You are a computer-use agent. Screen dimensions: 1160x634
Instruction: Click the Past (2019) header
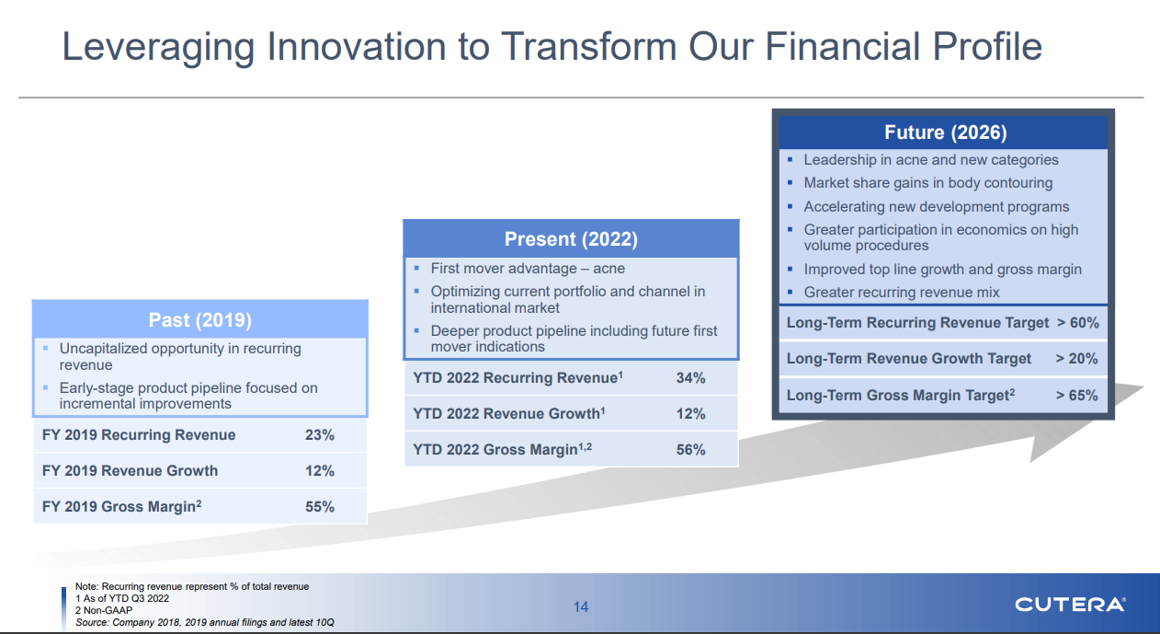tap(199, 320)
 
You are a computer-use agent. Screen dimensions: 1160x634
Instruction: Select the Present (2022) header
tap(571, 239)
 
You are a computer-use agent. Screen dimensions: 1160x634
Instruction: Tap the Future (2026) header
tap(945, 133)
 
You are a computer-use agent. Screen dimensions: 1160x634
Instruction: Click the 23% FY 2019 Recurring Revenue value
tap(320, 435)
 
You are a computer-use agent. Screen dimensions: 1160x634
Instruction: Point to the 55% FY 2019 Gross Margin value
tap(320, 506)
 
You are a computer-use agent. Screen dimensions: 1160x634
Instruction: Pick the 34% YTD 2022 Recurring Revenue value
tap(690, 378)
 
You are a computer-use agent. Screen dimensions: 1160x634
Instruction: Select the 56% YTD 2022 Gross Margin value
tap(690, 449)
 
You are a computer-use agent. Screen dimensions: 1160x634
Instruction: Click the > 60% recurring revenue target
tap(1077, 322)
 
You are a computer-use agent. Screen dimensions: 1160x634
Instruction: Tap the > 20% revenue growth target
tap(1076, 358)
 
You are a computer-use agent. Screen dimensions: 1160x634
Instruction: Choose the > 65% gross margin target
tap(1076, 395)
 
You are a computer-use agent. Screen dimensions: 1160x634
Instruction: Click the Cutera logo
tap(1070, 605)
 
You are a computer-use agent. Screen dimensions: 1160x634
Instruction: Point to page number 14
tap(581, 606)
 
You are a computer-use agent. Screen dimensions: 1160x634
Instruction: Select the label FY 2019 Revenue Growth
tap(130, 471)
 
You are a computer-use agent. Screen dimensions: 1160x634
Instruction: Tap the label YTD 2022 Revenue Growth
tap(509, 413)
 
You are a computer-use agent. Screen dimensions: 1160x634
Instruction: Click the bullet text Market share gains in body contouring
tap(928, 183)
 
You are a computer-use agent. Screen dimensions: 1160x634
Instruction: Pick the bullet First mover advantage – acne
tap(528, 269)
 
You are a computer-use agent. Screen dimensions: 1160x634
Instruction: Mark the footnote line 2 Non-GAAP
tap(104, 610)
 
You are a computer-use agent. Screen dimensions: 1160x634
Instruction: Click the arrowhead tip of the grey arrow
tap(1143, 386)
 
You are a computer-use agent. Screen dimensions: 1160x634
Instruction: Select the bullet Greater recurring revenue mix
tap(902, 293)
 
